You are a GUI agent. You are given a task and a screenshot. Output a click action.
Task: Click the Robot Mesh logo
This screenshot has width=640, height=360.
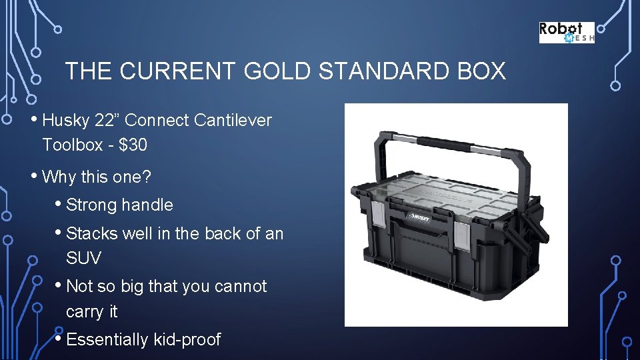coord(566,33)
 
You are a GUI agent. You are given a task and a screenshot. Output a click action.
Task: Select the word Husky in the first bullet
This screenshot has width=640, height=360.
coord(65,121)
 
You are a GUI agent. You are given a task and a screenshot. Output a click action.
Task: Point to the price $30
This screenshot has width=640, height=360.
coord(133,145)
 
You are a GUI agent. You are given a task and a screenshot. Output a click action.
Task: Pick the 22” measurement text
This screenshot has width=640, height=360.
coord(107,121)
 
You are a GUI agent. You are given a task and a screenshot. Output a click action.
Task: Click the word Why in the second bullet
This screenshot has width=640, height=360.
coord(59,177)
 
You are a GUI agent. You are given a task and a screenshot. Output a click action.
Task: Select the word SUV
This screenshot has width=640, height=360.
coord(83,257)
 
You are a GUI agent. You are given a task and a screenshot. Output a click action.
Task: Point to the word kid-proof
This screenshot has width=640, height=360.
coord(187,340)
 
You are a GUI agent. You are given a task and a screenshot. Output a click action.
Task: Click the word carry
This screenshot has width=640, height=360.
coord(85,311)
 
